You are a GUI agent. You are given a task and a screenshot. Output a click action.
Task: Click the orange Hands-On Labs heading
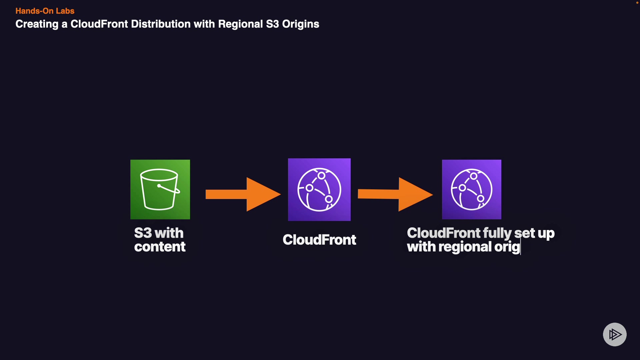45,11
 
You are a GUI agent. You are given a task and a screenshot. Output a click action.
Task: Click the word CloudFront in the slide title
99,24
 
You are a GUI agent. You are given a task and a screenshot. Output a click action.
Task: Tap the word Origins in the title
301,24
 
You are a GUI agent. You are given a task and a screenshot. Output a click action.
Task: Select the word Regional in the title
240,24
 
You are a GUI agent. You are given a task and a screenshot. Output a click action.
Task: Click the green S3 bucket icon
160,189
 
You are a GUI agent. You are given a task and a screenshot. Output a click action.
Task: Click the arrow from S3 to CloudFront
243,194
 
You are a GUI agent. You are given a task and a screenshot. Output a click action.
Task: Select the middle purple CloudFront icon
319,189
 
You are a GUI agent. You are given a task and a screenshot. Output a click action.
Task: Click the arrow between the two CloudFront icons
395,194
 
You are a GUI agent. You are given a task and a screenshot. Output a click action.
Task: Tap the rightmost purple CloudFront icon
472,189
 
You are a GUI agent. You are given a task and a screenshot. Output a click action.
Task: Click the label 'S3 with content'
160,240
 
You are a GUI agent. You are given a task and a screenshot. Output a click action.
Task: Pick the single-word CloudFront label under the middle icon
319,240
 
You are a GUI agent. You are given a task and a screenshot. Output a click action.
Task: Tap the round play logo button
615,334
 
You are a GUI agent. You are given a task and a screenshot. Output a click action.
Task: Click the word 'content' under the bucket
160,247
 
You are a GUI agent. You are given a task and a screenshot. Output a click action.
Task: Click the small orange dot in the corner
637,3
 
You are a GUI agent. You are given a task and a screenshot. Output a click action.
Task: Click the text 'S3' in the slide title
272,24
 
